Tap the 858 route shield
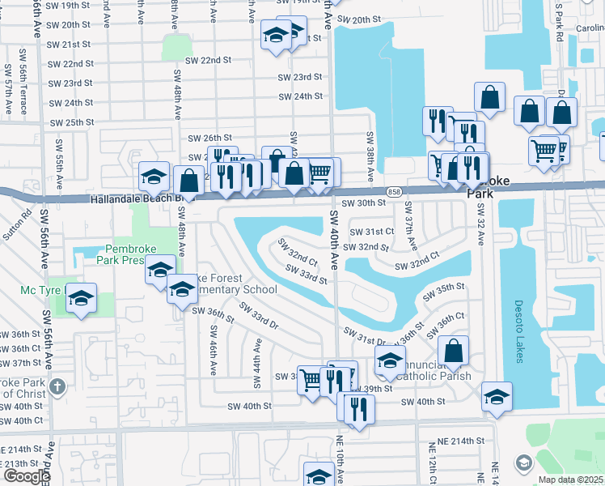pyautogui.click(x=393, y=191)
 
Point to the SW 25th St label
pyautogui.click(x=72, y=123)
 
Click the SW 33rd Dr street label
pyautogui.click(x=258, y=317)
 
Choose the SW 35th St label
pyautogui.click(x=451, y=288)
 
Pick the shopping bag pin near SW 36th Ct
pyautogui.click(x=454, y=350)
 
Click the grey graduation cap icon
pyautogui.click(x=523, y=462)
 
